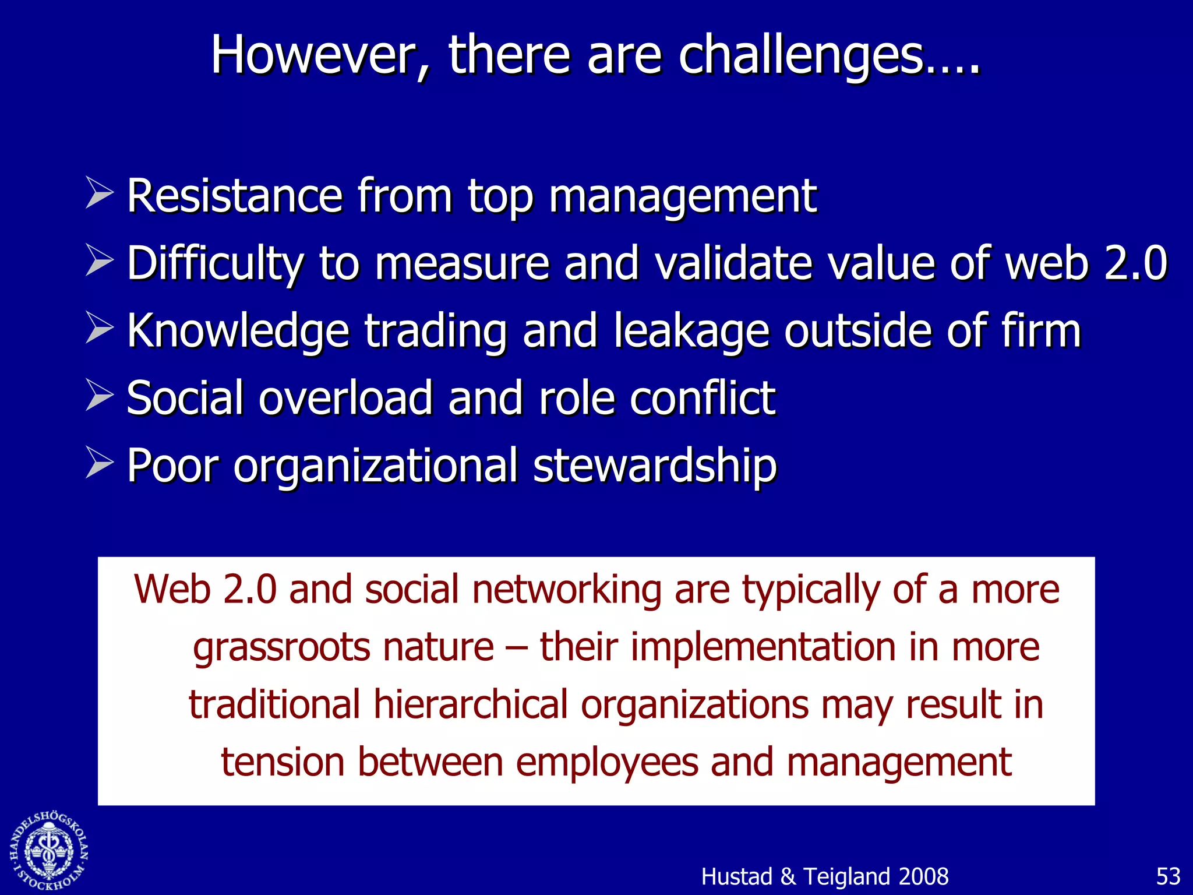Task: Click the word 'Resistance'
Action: click(x=234, y=196)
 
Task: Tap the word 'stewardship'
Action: click(x=655, y=466)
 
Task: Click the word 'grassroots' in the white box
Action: click(x=281, y=648)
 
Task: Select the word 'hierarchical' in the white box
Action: click(x=470, y=704)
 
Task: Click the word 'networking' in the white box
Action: click(x=566, y=589)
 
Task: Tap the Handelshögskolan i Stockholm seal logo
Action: click(x=50, y=851)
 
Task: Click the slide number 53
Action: click(x=1168, y=876)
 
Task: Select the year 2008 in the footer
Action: click(x=924, y=876)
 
